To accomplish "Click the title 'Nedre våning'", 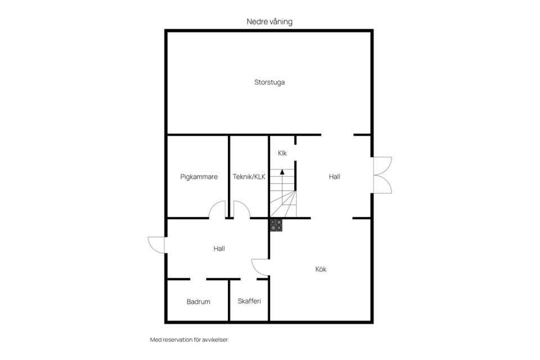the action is tap(269, 22).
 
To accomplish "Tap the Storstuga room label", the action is tap(269, 82).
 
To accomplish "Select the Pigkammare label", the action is tap(199, 177).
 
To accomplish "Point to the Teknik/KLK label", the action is tap(249, 177).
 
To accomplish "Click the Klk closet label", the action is tap(282, 153).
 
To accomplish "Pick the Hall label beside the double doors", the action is tap(334, 177).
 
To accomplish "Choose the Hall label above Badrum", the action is tap(219, 249).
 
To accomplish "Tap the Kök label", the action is tap(321, 269).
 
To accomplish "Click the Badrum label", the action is tap(199, 301).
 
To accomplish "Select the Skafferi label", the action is tap(249, 301).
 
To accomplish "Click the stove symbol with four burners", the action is tap(276, 225).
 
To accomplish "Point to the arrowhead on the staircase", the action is tap(282, 172).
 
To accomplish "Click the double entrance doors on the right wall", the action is tap(382, 175).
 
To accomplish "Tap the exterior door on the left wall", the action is tap(157, 245).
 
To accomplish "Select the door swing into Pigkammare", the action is tap(217, 209).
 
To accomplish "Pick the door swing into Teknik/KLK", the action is tap(242, 209).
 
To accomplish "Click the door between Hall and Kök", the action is tap(260, 267).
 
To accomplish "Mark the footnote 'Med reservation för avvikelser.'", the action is tap(190, 340).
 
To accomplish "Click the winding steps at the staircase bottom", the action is tap(283, 204).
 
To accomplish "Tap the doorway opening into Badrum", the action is tap(198, 279).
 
